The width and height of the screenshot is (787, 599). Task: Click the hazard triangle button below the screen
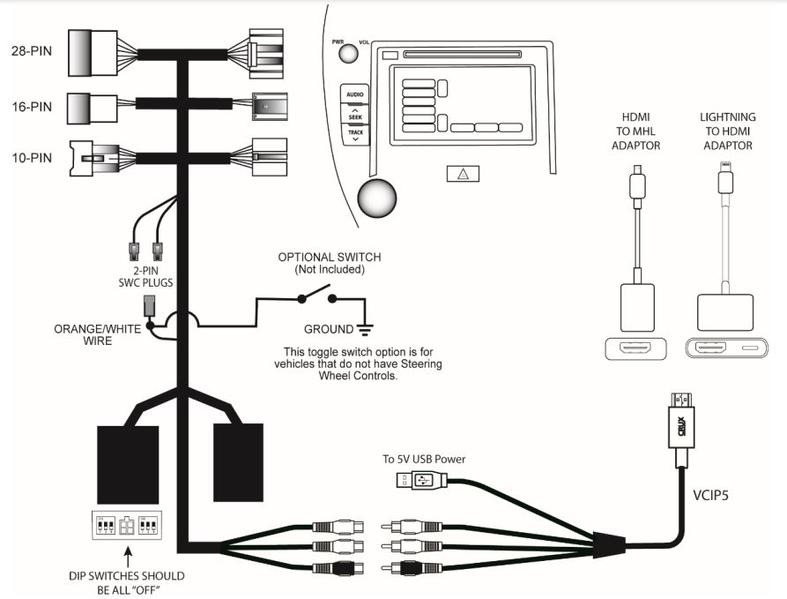(462, 173)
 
